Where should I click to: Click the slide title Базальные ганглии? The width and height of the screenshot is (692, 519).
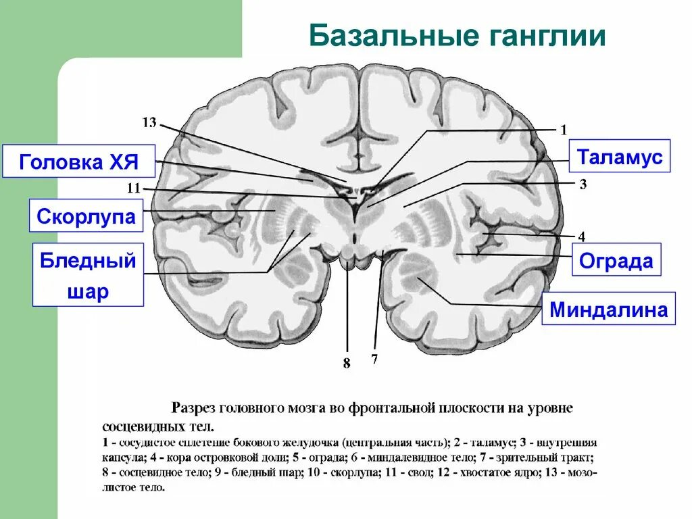point(457,36)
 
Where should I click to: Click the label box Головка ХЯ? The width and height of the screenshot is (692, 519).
point(78,162)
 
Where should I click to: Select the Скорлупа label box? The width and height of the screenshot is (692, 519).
point(86,216)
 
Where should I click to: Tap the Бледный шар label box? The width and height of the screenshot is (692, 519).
point(88,275)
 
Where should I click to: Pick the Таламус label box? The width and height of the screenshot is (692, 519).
point(620,157)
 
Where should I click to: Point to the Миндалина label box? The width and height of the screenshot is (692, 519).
point(608,310)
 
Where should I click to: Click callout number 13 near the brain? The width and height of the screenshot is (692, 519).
point(149,122)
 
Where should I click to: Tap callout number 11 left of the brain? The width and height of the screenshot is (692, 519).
point(133,189)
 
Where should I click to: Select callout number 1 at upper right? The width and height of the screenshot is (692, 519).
point(564,129)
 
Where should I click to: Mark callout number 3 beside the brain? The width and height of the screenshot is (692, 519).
point(581,184)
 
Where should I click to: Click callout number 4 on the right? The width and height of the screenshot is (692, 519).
point(581,236)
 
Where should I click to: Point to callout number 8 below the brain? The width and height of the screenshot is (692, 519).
point(347,364)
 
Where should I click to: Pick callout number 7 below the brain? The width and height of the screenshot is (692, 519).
point(374,359)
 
